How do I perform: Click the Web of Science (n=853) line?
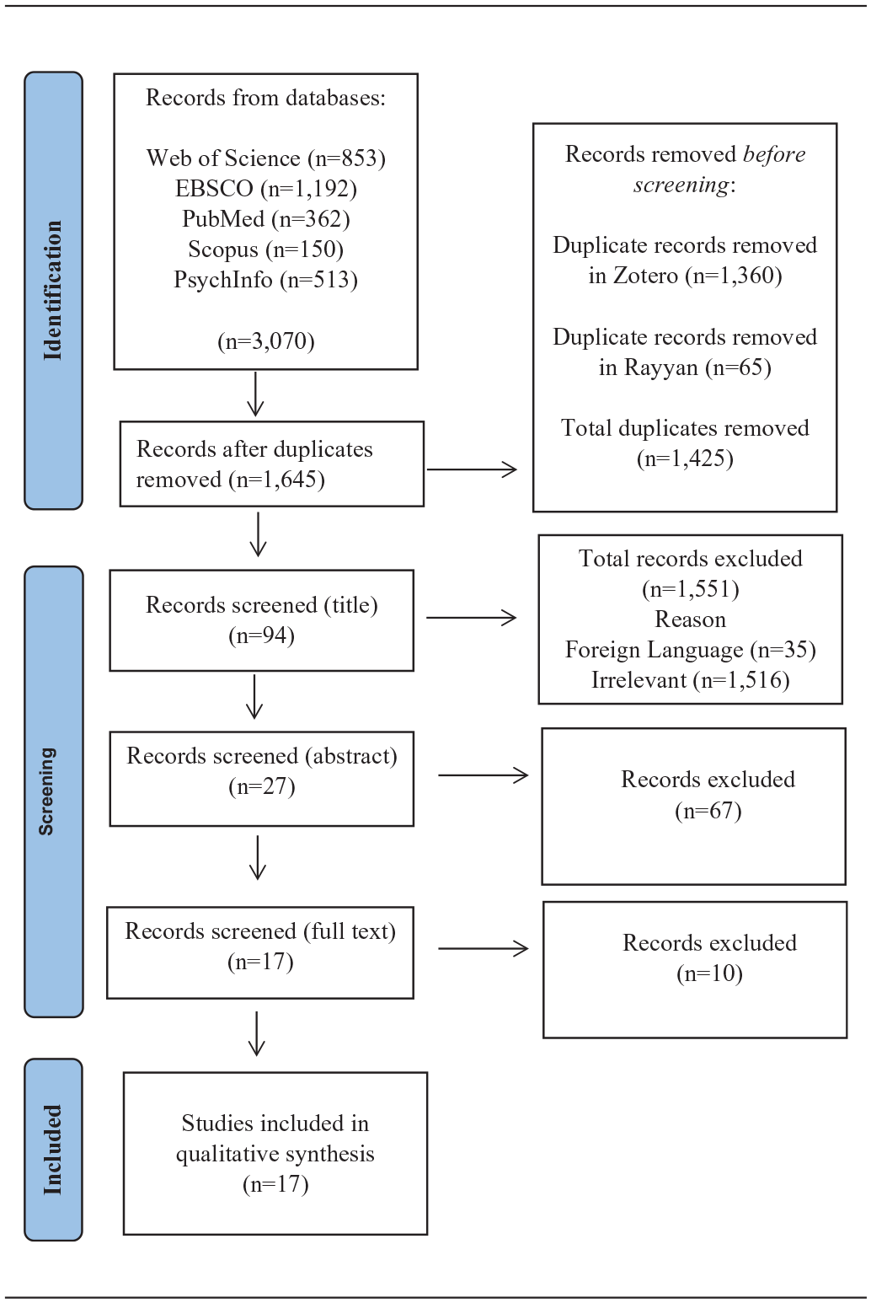tap(265, 158)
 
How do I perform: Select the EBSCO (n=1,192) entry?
tap(265, 189)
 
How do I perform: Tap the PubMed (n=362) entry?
tap(265, 219)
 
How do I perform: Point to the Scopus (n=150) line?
tap(265, 249)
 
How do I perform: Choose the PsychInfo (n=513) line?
tap(265, 279)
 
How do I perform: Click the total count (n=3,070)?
tap(265, 340)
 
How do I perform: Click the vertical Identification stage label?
tap(53, 290)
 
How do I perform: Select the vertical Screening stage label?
tap(46, 791)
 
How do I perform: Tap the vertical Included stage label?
tap(53, 1150)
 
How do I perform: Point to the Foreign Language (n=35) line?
tap(691, 650)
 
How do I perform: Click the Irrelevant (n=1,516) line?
tap(691, 680)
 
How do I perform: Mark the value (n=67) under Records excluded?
tap(708, 810)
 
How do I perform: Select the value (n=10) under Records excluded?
tap(709, 973)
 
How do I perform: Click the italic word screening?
tap(681, 185)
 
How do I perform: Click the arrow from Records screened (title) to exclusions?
tap(472, 618)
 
